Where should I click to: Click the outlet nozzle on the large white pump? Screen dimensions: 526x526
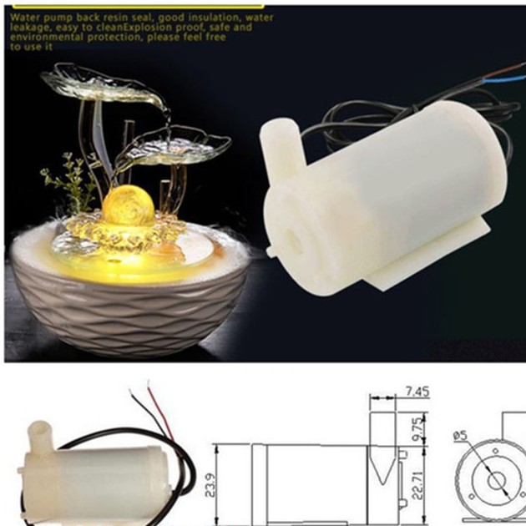point(277,139)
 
